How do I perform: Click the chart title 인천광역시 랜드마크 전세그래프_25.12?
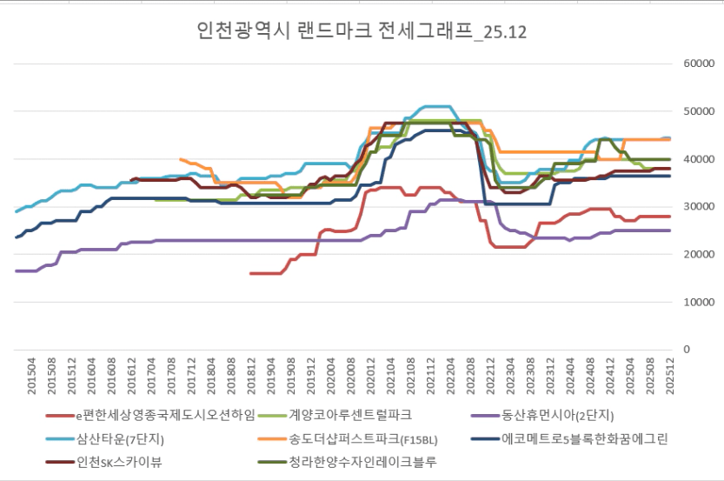click(x=362, y=32)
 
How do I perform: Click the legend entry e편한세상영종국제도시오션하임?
click(x=149, y=414)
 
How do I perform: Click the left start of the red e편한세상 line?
click(x=251, y=273)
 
